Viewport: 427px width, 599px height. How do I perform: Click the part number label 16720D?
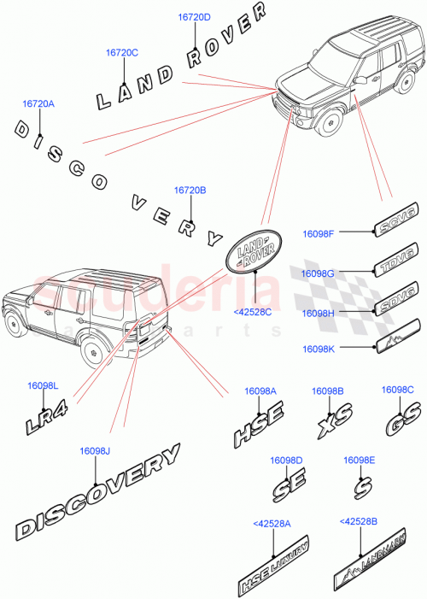click(x=195, y=17)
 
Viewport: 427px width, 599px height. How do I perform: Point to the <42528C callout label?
click(x=252, y=312)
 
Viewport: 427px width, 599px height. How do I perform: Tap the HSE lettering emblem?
click(x=260, y=432)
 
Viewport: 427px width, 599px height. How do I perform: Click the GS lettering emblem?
click(x=398, y=424)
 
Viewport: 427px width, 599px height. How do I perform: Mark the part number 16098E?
click(x=360, y=460)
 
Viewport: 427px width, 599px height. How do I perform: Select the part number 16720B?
click(x=190, y=191)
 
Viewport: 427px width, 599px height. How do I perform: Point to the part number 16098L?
click(x=43, y=387)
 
